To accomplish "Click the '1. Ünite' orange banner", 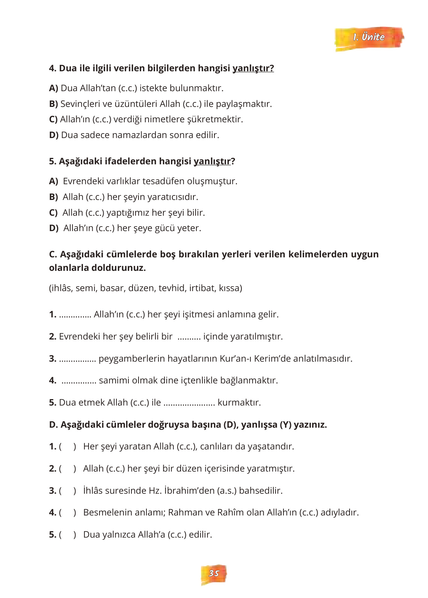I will point(369,37).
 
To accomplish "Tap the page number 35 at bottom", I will point(214,573).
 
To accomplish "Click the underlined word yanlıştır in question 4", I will point(253,68).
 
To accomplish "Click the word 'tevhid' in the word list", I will point(172,288).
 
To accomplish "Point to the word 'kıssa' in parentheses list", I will point(229,288).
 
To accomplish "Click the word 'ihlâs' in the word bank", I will point(61,288).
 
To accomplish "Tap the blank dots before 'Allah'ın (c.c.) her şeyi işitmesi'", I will point(75,314).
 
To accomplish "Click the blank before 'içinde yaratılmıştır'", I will point(189,337).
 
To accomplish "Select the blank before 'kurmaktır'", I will point(189,403).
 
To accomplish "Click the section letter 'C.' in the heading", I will point(53,254).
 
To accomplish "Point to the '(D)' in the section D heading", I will point(229,425).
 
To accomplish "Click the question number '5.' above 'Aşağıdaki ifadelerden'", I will point(53,161).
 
